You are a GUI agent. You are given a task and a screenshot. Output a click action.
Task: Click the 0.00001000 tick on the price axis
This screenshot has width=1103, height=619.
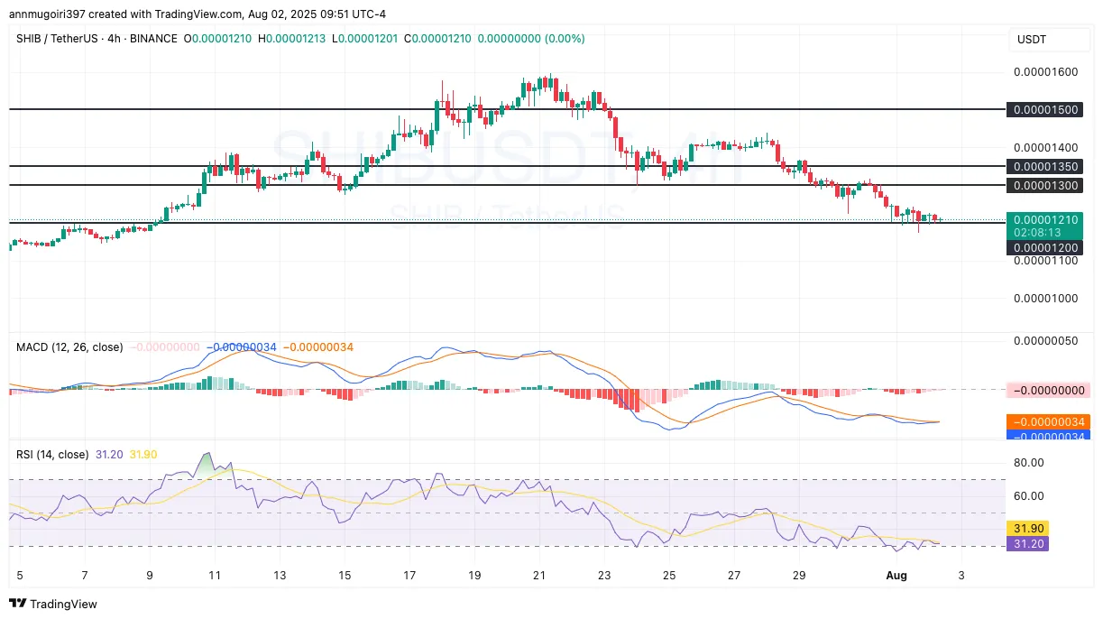(1045, 298)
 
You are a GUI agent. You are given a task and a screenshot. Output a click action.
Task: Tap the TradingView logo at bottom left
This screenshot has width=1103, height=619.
(53, 604)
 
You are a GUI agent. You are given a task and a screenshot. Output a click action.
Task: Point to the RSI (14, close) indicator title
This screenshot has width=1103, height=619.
(52, 455)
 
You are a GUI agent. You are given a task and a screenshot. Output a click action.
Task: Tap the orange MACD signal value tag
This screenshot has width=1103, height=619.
(1046, 422)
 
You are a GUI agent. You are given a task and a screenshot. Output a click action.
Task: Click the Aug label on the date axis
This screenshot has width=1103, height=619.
(896, 575)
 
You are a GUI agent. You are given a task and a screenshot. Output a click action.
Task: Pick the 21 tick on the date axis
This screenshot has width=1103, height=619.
(539, 575)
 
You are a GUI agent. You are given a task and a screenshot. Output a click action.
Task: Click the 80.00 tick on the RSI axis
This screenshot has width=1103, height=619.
(1028, 462)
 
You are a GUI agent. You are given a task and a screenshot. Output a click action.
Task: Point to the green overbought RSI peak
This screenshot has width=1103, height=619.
(207, 463)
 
